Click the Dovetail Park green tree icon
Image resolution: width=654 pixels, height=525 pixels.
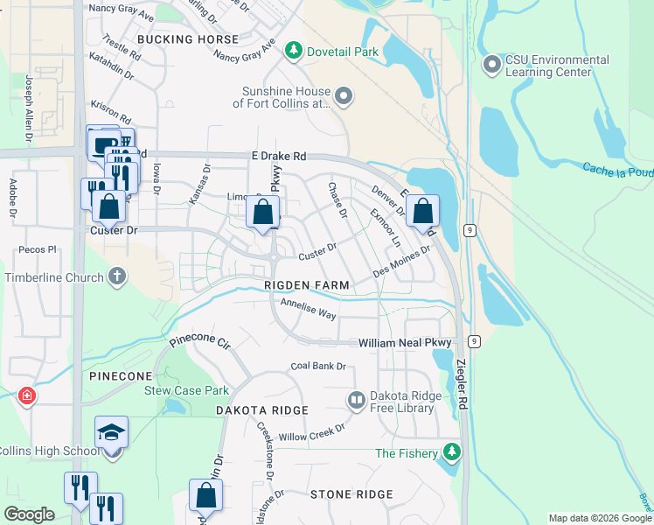(x=295, y=52)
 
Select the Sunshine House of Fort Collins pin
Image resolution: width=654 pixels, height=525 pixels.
(x=344, y=96)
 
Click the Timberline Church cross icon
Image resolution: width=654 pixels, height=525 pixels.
(x=117, y=277)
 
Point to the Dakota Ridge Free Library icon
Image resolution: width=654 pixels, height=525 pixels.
(x=356, y=401)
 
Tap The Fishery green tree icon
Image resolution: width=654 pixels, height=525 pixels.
(x=451, y=452)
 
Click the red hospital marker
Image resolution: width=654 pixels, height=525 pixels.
(x=27, y=395)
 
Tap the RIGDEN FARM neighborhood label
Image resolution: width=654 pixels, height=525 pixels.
(x=307, y=286)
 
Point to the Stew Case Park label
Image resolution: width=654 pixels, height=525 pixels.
(x=186, y=390)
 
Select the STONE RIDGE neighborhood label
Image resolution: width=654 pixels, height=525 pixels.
(x=351, y=494)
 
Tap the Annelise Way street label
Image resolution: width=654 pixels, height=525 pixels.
(x=308, y=308)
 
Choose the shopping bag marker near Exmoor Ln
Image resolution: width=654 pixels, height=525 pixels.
(x=422, y=213)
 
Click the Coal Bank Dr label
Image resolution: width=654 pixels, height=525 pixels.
(x=318, y=366)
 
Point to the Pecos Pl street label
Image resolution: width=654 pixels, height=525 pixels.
(x=38, y=249)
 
